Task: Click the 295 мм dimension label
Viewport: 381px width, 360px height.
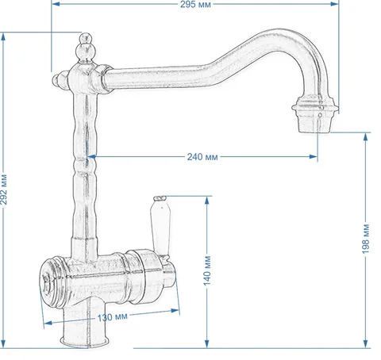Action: (x=195, y=5)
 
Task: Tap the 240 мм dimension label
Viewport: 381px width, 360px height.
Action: (x=202, y=157)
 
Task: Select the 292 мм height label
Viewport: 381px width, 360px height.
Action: (x=4, y=190)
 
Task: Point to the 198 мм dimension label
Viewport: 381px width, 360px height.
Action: (x=366, y=239)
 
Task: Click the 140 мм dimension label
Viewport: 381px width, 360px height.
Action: (x=207, y=270)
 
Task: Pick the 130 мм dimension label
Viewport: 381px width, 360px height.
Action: (x=113, y=317)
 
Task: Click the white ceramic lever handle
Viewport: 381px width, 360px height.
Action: (x=161, y=227)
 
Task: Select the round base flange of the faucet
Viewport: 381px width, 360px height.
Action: (x=85, y=342)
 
